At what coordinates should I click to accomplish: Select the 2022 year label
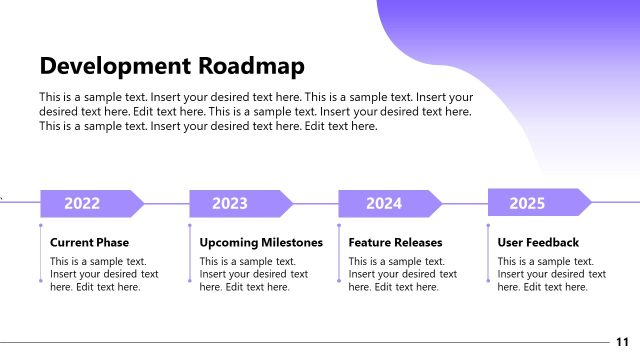pyautogui.click(x=82, y=204)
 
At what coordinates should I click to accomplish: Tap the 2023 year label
pyautogui.click(x=230, y=204)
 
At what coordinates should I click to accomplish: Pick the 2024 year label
pyautogui.click(x=383, y=204)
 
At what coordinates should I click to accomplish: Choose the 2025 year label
pyautogui.click(x=527, y=203)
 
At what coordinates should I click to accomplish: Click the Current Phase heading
pyautogui.click(x=89, y=242)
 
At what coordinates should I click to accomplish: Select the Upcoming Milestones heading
pyautogui.click(x=261, y=242)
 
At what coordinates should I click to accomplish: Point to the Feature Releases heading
pyautogui.click(x=395, y=242)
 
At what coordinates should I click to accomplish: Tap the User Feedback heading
pyautogui.click(x=538, y=242)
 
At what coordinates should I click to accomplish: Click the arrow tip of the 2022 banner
pyautogui.click(x=141, y=204)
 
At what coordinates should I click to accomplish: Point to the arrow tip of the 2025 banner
pyautogui.click(x=588, y=203)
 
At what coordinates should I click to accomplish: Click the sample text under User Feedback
pyautogui.click(x=551, y=274)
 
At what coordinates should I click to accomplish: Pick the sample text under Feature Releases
pyautogui.click(x=402, y=274)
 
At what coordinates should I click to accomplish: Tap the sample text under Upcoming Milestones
pyautogui.click(x=254, y=274)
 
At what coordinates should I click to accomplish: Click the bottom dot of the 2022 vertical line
pyautogui.click(x=40, y=281)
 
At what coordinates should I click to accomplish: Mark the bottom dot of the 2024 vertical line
pyautogui.click(x=339, y=281)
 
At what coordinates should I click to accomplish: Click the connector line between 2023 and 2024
pyautogui.click(x=315, y=204)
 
